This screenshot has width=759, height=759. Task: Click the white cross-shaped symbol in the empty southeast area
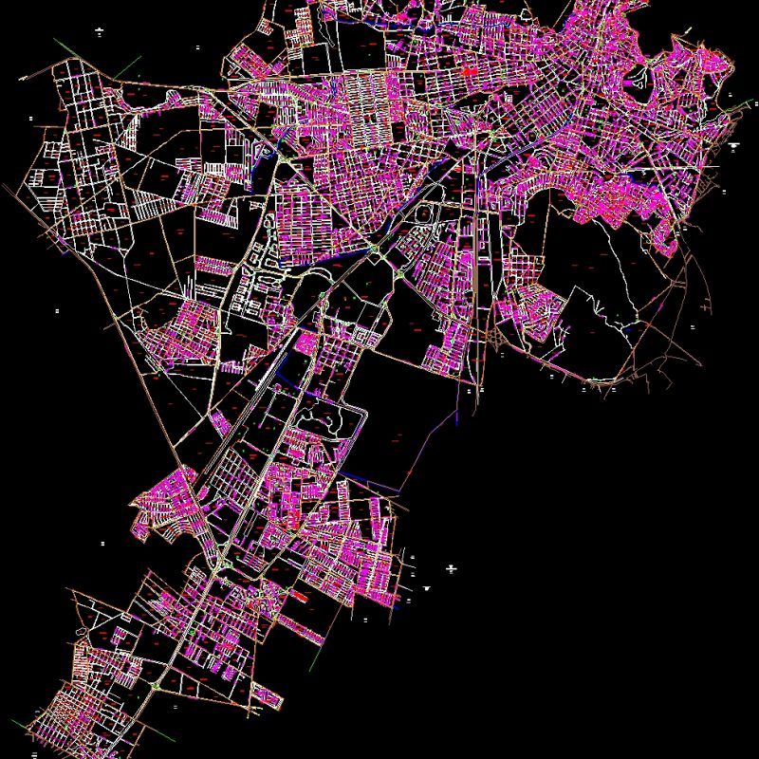click(x=451, y=568)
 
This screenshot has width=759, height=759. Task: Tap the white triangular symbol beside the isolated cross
click(x=428, y=588)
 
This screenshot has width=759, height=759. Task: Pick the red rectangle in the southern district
click(x=297, y=596)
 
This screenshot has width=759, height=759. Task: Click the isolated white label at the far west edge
click(x=59, y=310)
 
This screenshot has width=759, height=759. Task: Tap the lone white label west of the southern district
click(x=102, y=544)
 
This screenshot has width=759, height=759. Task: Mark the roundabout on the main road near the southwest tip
click(x=156, y=684)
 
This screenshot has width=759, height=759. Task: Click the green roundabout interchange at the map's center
click(x=377, y=249)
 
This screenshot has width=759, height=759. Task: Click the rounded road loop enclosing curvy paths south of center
click(x=337, y=417)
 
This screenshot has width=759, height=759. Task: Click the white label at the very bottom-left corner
click(x=34, y=752)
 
